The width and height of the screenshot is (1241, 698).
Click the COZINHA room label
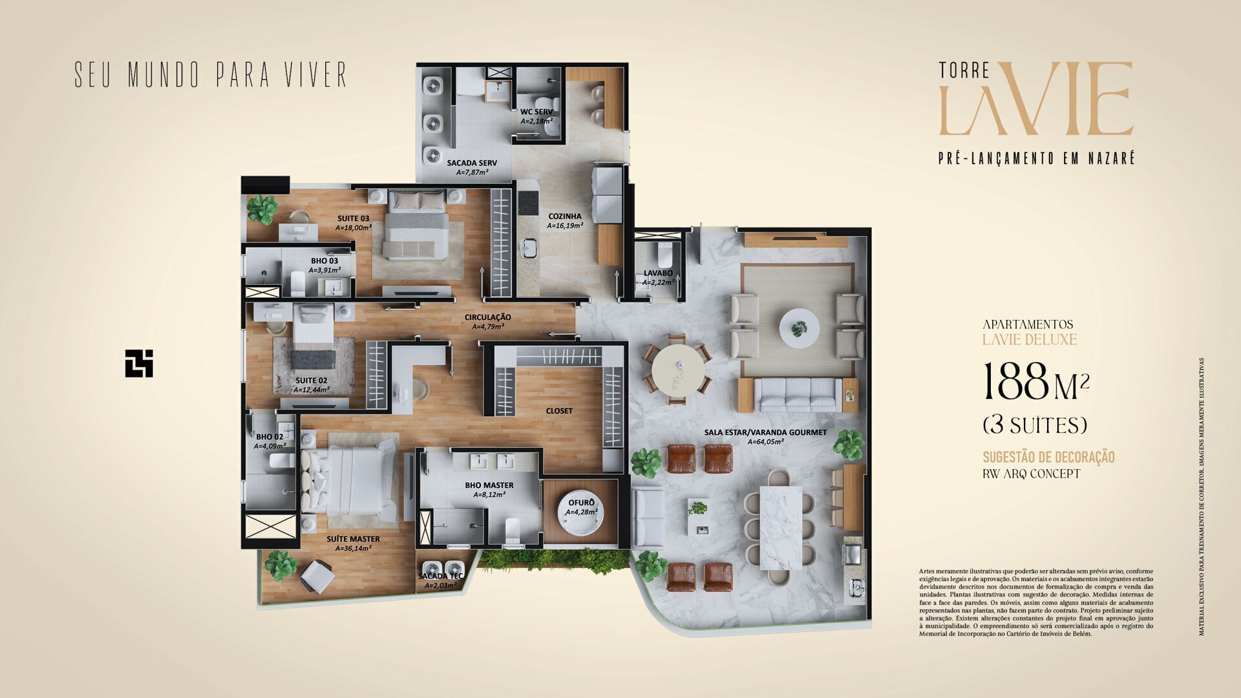[x=565, y=217]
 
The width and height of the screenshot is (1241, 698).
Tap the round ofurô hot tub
[x=580, y=514]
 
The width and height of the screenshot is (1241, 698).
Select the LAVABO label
[x=657, y=273]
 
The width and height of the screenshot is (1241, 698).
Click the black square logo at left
[x=139, y=363]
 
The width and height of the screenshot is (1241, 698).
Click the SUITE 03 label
[x=353, y=218]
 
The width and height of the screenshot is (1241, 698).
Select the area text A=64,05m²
[x=766, y=442]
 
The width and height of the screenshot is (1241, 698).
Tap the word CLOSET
[x=559, y=411]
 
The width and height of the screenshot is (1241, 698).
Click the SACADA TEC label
[x=440, y=576]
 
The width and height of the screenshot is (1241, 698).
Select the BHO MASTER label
[x=489, y=485]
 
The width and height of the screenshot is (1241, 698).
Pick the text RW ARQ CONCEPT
[x=1031, y=474]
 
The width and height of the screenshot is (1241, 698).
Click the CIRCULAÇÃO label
[x=488, y=317]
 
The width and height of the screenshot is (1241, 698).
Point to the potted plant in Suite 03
[x=262, y=208]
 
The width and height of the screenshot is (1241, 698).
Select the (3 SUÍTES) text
[x=1035, y=425]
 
